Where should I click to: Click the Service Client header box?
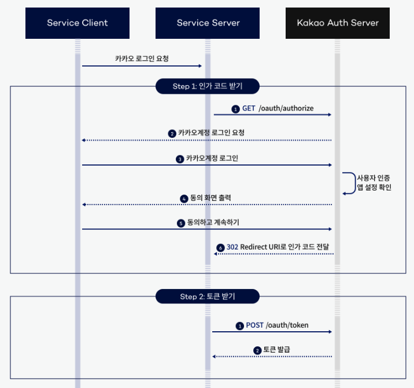point(77,23)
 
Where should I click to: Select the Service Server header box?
point(208,23)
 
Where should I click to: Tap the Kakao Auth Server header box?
point(338,23)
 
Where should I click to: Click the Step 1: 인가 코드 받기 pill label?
point(208,86)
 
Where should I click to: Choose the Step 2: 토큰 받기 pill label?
point(208,297)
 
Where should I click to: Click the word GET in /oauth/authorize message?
point(249,108)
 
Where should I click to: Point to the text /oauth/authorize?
point(286,108)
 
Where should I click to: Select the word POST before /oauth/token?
point(254,325)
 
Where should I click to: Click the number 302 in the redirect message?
point(232,247)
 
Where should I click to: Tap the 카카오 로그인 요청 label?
point(142,58)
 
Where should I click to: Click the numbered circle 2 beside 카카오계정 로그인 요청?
point(172,133)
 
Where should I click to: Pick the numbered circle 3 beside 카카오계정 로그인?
point(180,159)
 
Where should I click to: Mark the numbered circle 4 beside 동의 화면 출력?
point(184,199)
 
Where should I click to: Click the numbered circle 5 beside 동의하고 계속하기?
point(180,223)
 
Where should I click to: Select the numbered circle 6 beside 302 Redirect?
point(220,248)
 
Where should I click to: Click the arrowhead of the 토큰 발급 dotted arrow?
point(214,357)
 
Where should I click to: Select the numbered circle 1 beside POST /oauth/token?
point(239,326)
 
